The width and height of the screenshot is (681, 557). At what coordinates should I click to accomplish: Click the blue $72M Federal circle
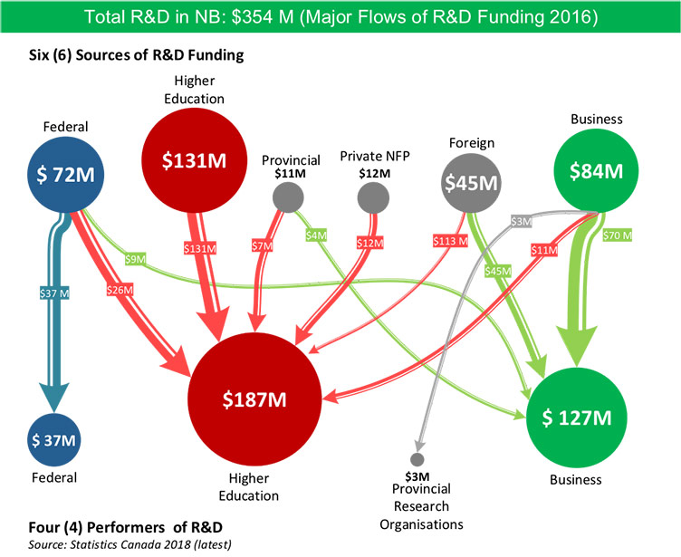click(65, 172)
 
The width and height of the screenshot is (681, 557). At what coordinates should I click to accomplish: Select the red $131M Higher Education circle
click(193, 159)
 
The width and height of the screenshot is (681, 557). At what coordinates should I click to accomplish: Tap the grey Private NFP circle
click(373, 197)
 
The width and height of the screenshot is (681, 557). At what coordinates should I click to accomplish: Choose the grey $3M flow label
click(521, 222)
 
